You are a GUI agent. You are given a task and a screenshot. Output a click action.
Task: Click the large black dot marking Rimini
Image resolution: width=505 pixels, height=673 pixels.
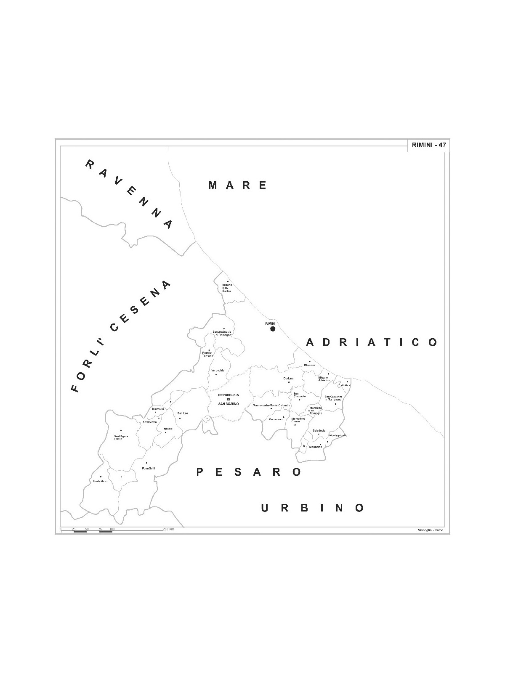(x=273, y=329)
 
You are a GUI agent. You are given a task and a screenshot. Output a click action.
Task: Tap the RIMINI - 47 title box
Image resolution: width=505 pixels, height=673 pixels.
(x=428, y=145)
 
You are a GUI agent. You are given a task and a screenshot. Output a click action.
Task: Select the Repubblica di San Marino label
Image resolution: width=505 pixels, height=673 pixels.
(x=229, y=399)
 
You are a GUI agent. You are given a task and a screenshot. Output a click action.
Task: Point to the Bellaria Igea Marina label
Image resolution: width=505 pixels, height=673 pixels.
(x=227, y=288)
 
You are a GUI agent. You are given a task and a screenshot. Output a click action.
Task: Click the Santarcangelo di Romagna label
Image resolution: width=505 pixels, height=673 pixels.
(x=223, y=333)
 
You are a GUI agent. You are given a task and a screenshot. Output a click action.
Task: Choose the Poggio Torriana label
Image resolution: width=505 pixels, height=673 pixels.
(x=208, y=354)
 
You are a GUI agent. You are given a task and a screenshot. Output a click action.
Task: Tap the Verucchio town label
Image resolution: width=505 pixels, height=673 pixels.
(x=218, y=370)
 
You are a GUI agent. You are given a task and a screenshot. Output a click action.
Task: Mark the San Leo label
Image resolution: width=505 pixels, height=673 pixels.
(x=183, y=413)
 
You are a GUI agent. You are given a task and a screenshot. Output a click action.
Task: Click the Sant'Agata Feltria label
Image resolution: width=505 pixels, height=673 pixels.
(x=121, y=437)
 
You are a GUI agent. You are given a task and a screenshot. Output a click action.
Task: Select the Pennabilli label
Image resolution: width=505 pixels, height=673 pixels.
(x=149, y=469)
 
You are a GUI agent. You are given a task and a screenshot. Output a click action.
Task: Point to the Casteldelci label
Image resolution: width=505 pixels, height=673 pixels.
(x=101, y=481)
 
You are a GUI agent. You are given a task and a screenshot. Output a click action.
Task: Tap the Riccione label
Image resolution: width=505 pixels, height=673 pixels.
(x=310, y=365)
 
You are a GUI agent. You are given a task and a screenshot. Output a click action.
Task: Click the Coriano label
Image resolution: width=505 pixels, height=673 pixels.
(x=288, y=379)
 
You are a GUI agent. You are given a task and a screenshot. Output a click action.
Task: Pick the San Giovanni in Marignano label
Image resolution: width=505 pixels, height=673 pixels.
(x=334, y=397)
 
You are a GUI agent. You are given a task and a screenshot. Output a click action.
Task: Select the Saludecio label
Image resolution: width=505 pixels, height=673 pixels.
(x=319, y=431)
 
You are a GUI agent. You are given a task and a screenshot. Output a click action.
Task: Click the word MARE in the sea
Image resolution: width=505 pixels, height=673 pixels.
(x=238, y=185)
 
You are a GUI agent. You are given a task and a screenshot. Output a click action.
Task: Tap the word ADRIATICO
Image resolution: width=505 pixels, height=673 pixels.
(x=372, y=342)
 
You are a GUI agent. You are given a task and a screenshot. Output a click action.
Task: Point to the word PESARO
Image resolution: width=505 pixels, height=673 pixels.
(x=249, y=472)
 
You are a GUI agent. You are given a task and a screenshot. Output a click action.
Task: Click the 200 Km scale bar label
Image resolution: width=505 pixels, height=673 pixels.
(x=169, y=529)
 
